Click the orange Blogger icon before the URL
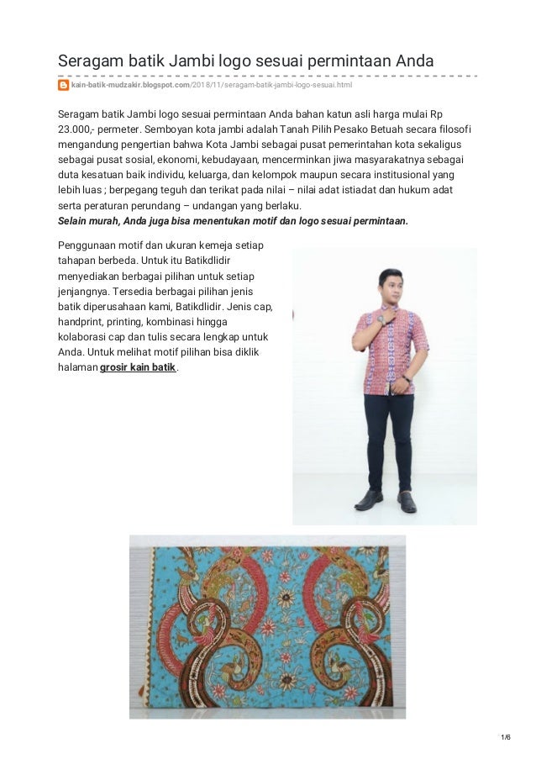pyautogui.click(x=63, y=85)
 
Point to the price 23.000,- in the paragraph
pyautogui.click(x=77, y=129)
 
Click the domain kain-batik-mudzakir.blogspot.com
pyautogui.click(x=131, y=85)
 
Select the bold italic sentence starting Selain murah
pyautogui.click(x=232, y=221)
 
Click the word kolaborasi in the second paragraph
pyautogui.click(x=86, y=336)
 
